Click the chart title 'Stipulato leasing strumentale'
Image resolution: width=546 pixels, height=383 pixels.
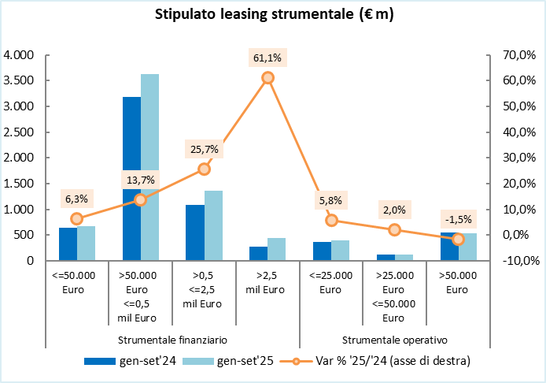272,14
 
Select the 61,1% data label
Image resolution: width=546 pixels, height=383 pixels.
267,58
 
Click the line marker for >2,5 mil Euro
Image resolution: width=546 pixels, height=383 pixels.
267,77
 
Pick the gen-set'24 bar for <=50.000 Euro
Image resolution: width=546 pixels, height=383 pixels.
68,244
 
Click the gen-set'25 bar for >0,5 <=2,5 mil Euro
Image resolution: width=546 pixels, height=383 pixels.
213,225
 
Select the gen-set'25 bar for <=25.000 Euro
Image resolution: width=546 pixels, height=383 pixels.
341,251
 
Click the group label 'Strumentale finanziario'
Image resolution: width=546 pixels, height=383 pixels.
172,340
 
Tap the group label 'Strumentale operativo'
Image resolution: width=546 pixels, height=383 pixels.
395,340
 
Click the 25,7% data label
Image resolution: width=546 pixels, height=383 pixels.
204,149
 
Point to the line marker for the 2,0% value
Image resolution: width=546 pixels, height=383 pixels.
395,229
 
